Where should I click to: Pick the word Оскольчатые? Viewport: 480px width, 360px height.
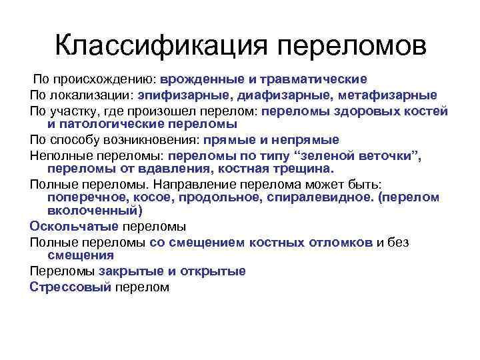point(73,227)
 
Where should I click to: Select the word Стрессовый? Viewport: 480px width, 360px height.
point(71,287)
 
